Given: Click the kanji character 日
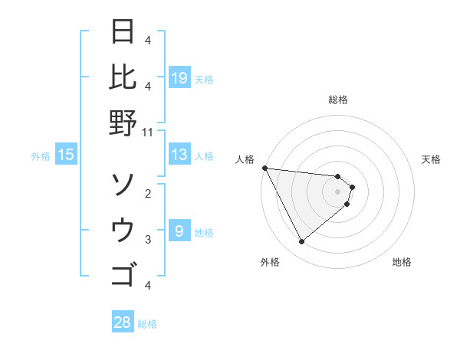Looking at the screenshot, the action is tap(123, 33).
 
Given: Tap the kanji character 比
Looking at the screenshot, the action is tap(123, 77).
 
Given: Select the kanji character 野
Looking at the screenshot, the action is tap(123, 122).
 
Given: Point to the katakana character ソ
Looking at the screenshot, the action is tap(123, 185).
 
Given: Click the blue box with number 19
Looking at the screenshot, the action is tap(179, 78).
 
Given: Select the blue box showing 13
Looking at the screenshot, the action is tap(179, 155).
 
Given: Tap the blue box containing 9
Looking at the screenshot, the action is tap(179, 231).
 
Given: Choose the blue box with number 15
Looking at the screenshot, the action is tap(66, 155).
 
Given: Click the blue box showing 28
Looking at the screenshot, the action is tap(123, 322).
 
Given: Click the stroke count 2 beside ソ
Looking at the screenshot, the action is tap(148, 193).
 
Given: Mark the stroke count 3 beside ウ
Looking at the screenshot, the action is tap(148, 239).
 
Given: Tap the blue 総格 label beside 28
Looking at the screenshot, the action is tap(147, 324).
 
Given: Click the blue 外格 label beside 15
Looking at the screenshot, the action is tap(41, 156).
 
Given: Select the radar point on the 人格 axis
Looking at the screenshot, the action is tap(264, 168).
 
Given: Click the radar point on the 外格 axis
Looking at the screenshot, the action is tap(301, 242).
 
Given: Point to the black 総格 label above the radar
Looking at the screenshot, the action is tap(338, 100).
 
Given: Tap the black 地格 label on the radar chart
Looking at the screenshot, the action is tap(402, 262).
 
